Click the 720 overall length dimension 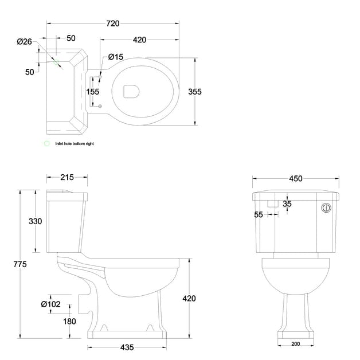(x=112, y=24)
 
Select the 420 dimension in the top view (x=139, y=40)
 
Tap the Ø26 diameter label (x=24, y=41)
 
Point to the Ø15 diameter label (x=116, y=57)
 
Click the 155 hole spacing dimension (x=93, y=91)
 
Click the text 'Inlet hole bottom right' (x=74, y=144)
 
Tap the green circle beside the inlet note (x=46, y=144)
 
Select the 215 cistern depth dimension (x=66, y=178)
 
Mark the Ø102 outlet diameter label (x=51, y=304)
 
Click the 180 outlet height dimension (x=69, y=322)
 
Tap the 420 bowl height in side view (x=189, y=298)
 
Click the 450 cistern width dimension (x=295, y=179)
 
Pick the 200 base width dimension (x=295, y=343)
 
